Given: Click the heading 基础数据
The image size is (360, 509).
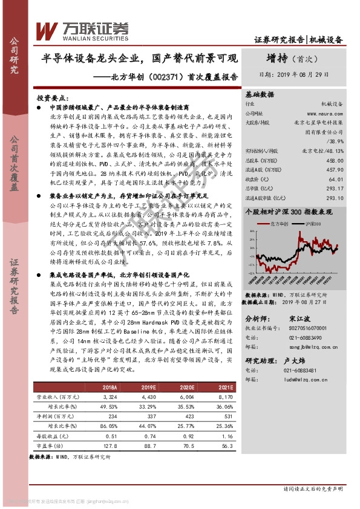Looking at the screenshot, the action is tap(260, 95).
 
